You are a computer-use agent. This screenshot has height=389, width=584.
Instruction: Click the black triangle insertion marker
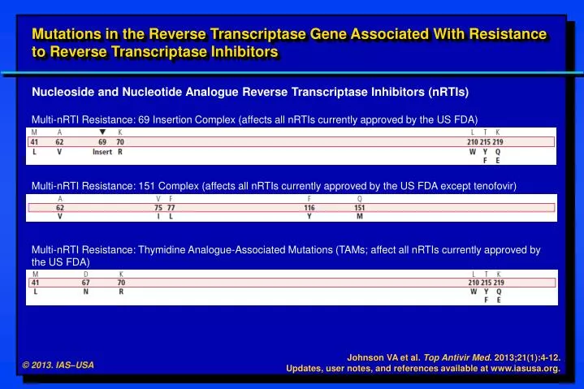point(102,132)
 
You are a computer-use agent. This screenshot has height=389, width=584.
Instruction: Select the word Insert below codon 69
point(102,152)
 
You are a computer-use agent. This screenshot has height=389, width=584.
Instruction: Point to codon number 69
point(102,141)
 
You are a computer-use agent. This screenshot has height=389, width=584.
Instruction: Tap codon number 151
point(359,207)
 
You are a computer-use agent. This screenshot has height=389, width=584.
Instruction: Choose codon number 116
point(309,207)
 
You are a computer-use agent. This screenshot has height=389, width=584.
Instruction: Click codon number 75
point(158,207)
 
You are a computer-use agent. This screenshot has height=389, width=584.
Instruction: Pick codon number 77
point(171,207)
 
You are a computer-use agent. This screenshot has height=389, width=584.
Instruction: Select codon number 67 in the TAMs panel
point(85,283)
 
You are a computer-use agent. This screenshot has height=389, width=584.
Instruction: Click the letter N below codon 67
point(85,292)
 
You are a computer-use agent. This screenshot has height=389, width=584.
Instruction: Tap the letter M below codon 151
point(360,217)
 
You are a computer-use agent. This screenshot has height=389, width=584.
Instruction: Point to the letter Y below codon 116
point(309,217)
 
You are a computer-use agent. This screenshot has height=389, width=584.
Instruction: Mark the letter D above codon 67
point(85,274)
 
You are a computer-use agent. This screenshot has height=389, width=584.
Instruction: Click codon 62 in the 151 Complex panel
point(60,207)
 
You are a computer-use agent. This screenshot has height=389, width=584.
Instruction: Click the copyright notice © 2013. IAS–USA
point(58,365)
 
